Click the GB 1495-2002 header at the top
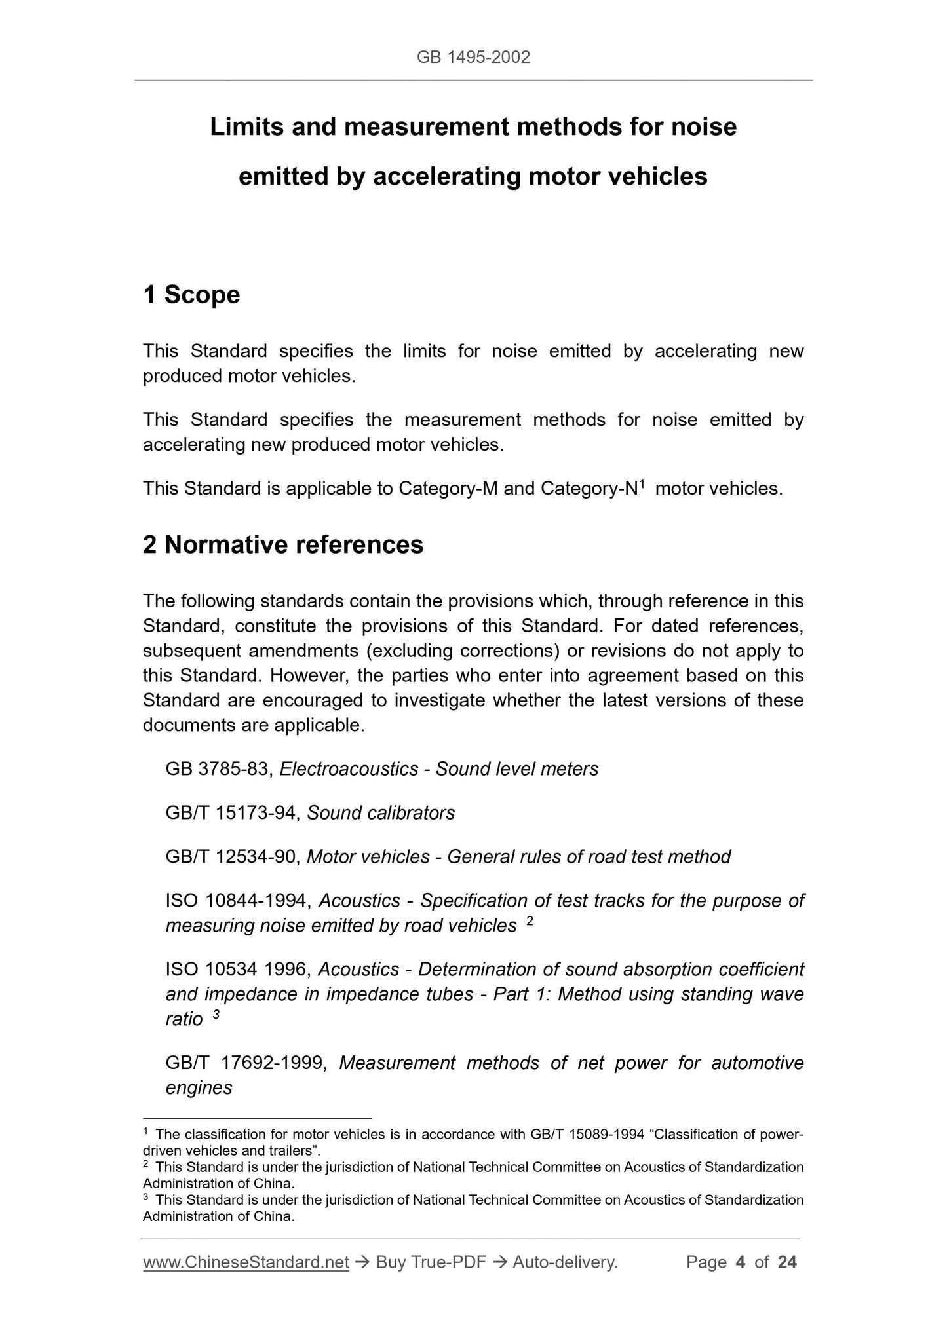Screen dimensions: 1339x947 pyautogui.click(x=473, y=58)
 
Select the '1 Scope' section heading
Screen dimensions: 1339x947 pyautogui.click(x=191, y=295)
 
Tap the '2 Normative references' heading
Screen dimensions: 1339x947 pyautogui.click(x=283, y=544)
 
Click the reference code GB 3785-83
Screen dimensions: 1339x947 pyautogui.click(x=218, y=769)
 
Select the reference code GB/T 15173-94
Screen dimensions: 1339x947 pyautogui.click(x=233, y=813)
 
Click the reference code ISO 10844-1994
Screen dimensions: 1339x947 pyautogui.click(x=237, y=901)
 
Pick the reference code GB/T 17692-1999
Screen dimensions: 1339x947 pyautogui.click(x=246, y=1063)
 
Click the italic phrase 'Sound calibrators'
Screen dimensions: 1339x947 pyautogui.click(x=381, y=813)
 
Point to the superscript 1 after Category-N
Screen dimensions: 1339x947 pyautogui.click(x=643, y=484)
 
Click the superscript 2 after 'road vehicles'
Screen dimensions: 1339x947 pyautogui.click(x=530, y=922)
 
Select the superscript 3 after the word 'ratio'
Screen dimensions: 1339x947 pyautogui.click(x=216, y=1015)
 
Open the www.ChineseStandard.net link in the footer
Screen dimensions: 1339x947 pyautogui.click(x=246, y=1262)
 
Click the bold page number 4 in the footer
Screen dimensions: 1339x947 pyautogui.click(x=741, y=1262)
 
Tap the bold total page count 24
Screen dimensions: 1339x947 pyautogui.click(x=787, y=1262)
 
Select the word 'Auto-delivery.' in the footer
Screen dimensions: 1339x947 pyautogui.click(x=565, y=1262)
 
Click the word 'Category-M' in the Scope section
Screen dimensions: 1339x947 pyautogui.click(x=448, y=489)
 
